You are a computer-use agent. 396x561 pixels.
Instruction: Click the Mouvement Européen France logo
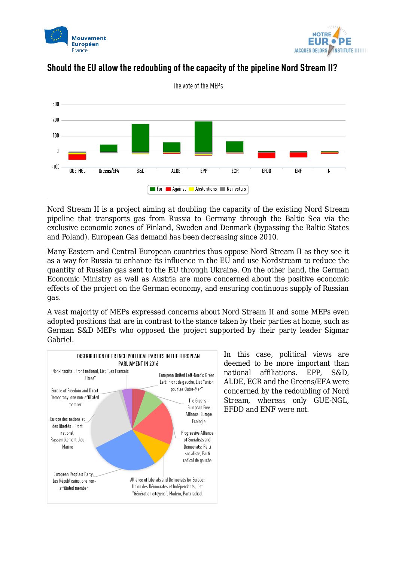coord(75,40)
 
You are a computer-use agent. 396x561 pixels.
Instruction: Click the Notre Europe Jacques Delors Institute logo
coord(329,41)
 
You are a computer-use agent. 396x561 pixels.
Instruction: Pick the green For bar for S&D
coord(140,138)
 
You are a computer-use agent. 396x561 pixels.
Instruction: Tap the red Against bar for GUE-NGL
coord(77,157)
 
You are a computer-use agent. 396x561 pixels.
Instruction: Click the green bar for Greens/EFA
coord(109,148)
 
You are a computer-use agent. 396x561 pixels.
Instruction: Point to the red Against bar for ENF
coord(298,155)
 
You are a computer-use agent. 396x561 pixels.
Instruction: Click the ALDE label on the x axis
coord(176,171)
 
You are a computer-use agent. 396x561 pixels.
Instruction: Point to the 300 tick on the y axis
coord(56,104)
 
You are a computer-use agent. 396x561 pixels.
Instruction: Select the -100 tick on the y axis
coord(55,167)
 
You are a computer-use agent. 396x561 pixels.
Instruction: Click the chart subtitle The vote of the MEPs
coord(198,86)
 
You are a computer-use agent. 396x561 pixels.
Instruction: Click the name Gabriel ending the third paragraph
coord(60,340)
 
